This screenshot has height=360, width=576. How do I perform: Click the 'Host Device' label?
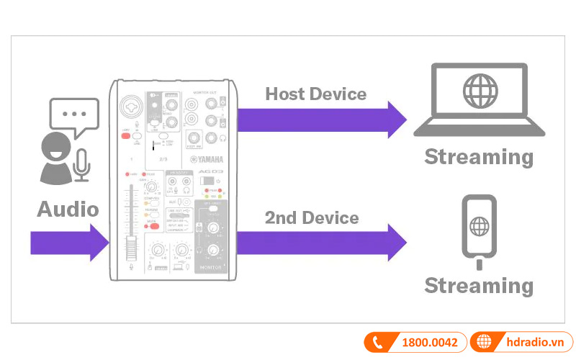coord(315,94)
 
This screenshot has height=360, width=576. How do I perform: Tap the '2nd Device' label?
coord(311,217)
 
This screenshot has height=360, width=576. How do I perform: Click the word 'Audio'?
coord(68,210)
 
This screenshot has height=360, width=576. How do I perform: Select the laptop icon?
coord(479,100)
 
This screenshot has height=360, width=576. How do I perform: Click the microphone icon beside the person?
coord(83,165)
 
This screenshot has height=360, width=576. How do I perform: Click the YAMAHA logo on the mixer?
coord(207,160)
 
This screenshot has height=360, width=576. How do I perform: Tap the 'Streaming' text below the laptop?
coord(479,157)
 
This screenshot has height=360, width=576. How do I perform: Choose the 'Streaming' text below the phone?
coord(479,285)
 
